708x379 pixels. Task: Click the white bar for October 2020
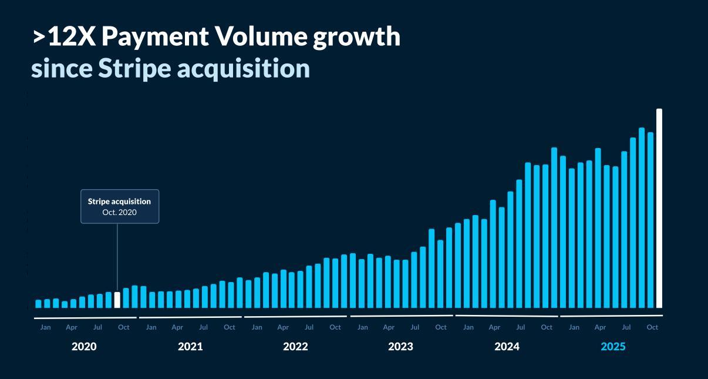pyautogui.click(x=117, y=300)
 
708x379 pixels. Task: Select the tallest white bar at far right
pyautogui.click(x=659, y=208)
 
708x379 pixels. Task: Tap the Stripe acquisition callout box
pyautogui.click(x=120, y=206)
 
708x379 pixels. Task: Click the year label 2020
pyautogui.click(x=84, y=347)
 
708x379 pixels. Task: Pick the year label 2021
pyautogui.click(x=190, y=347)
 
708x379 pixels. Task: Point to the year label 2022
pyautogui.click(x=295, y=347)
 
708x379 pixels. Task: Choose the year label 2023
pyautogui.click(x=400, y=347)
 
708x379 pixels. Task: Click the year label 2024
pyautogui.click(x=507, y=347)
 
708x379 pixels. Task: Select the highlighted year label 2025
pyautogui.click(x=613, y=347)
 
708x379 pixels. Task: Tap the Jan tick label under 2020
pyautogui.click(x=45, y=327)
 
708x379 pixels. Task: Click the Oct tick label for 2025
pyautogui.click(x=652, y=327)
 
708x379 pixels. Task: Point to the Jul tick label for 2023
pyautogui.click(x=414, y=327)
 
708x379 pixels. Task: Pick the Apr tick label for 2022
pyautogui.click(x=283, y=327)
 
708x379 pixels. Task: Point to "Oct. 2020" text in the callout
pyautogui.click(x=120, y=212)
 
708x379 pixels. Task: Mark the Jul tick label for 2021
pyautogui.click(x=203, y=327)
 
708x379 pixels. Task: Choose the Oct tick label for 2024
pyautogui.click(x=547, y=327)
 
